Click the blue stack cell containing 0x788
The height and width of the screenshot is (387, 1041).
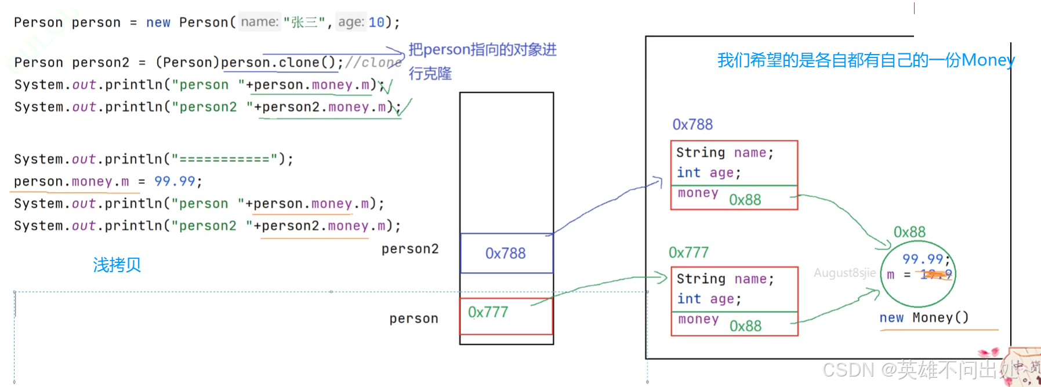pyautogui.click(x=506, y=254)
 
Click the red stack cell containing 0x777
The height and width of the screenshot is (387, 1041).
pyautogui.click(x=488, y=312)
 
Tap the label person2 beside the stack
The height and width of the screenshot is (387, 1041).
pyautogui.click(x=410, y=249)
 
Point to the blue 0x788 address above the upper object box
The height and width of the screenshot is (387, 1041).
pyautogui.click(x=692, y=125)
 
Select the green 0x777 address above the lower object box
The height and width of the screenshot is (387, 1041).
pyautogui.click(x=688, y=252)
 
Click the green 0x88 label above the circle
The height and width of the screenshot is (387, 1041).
pyautogui.click(x=909, y=232)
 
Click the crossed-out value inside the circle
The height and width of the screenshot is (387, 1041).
pyautogui.click(x=935, y=274)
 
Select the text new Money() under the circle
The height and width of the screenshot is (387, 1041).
pyautogui.click(x=924, y=317)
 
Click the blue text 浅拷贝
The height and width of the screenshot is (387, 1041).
pyautogui.click(x=117, y=265)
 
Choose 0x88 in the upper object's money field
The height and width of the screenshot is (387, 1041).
pyautogui.click(x=745, y=200)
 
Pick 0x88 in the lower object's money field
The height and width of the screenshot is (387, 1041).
pyautogui.click(x=746, y=326)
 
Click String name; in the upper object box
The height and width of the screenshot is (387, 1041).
pyautogui.click(x=725, y=153)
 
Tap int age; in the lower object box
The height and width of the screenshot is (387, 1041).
pyautogui.click(x=709, y=299)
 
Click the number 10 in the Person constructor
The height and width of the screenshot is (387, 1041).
pyautogui.click(x=376, y=23)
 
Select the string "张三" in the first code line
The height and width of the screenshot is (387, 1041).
pyautogui.click(x=304, y=23)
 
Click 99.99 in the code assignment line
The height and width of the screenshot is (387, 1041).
pyautogui.click(x=175, y=182)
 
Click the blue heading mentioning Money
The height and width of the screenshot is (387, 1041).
pyautogui.click(x=866, y=60)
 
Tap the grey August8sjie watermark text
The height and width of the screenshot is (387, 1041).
pyautogui.click(x=844, y=273)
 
